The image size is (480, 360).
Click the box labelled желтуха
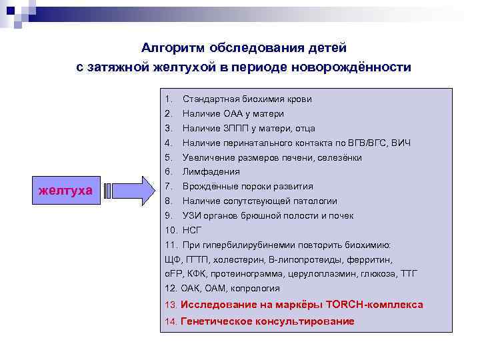65,191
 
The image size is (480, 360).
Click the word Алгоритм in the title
173,48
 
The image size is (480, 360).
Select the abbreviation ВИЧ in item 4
401,143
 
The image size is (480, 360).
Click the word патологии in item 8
316,201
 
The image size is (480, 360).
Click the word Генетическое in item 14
216,321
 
